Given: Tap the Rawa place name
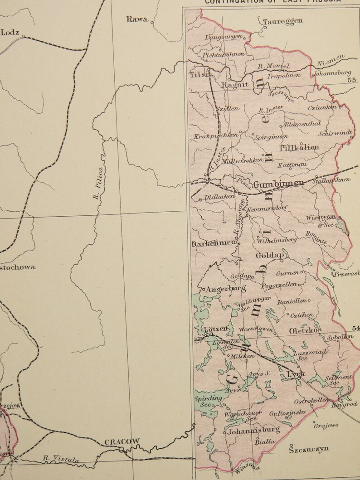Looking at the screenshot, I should pyautogui.click(x=137, y=19).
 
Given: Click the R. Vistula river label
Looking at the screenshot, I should pyautogui.click(x=61, y=459).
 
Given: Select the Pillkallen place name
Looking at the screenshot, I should pyautogui.click(x=300, y=147).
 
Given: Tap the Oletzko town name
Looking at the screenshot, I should pyautogui.click(x=304, y=331).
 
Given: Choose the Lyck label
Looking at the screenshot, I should pyautogui.click(x=296, y=374).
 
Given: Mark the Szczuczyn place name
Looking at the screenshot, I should pyautogui.click(x=309, y=449).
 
